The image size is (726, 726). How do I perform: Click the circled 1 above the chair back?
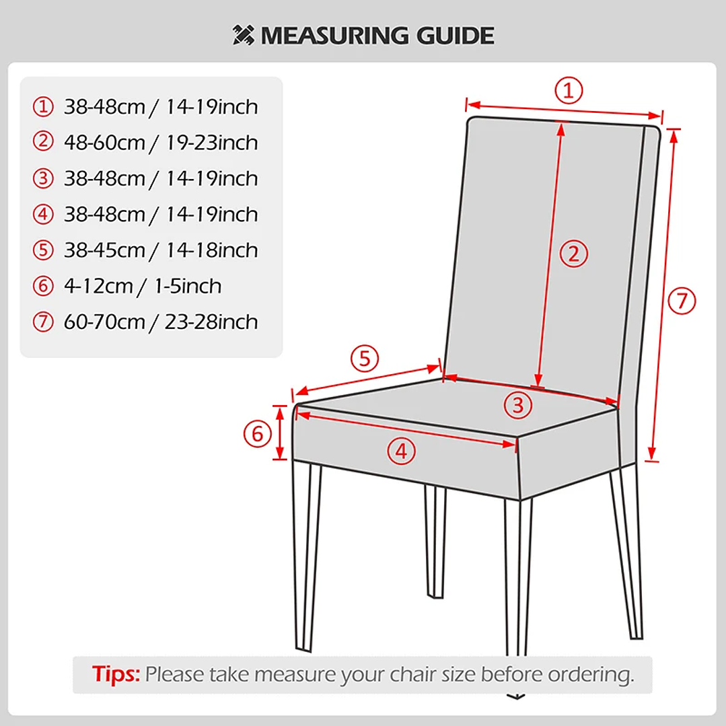point(569,90)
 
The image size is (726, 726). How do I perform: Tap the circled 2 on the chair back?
point(574,254)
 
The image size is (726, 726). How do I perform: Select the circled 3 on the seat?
point(518,406)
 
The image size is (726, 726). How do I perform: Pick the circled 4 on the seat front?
point(402,451)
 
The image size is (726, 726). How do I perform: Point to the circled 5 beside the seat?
point(365,359)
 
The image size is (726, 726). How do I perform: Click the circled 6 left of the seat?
point(258,434)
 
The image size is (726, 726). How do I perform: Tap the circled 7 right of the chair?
point(682,301)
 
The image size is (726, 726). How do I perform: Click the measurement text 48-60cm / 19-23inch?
point(161,143)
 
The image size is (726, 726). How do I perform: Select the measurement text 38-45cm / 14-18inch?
point(161,250)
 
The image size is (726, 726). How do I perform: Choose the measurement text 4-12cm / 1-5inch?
point(143,286)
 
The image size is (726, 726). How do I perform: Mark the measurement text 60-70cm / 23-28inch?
point(161,322)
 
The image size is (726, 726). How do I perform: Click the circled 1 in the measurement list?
point(43,106)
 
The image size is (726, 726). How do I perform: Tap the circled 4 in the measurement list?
point(43,215)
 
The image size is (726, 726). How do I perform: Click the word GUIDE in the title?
point(455,36)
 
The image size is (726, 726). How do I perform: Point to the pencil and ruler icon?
point(244,35)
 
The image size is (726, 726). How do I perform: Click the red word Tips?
point(116,674)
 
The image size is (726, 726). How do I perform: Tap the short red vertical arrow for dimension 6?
point(280,433)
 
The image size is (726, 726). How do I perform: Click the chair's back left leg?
point(436,541)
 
